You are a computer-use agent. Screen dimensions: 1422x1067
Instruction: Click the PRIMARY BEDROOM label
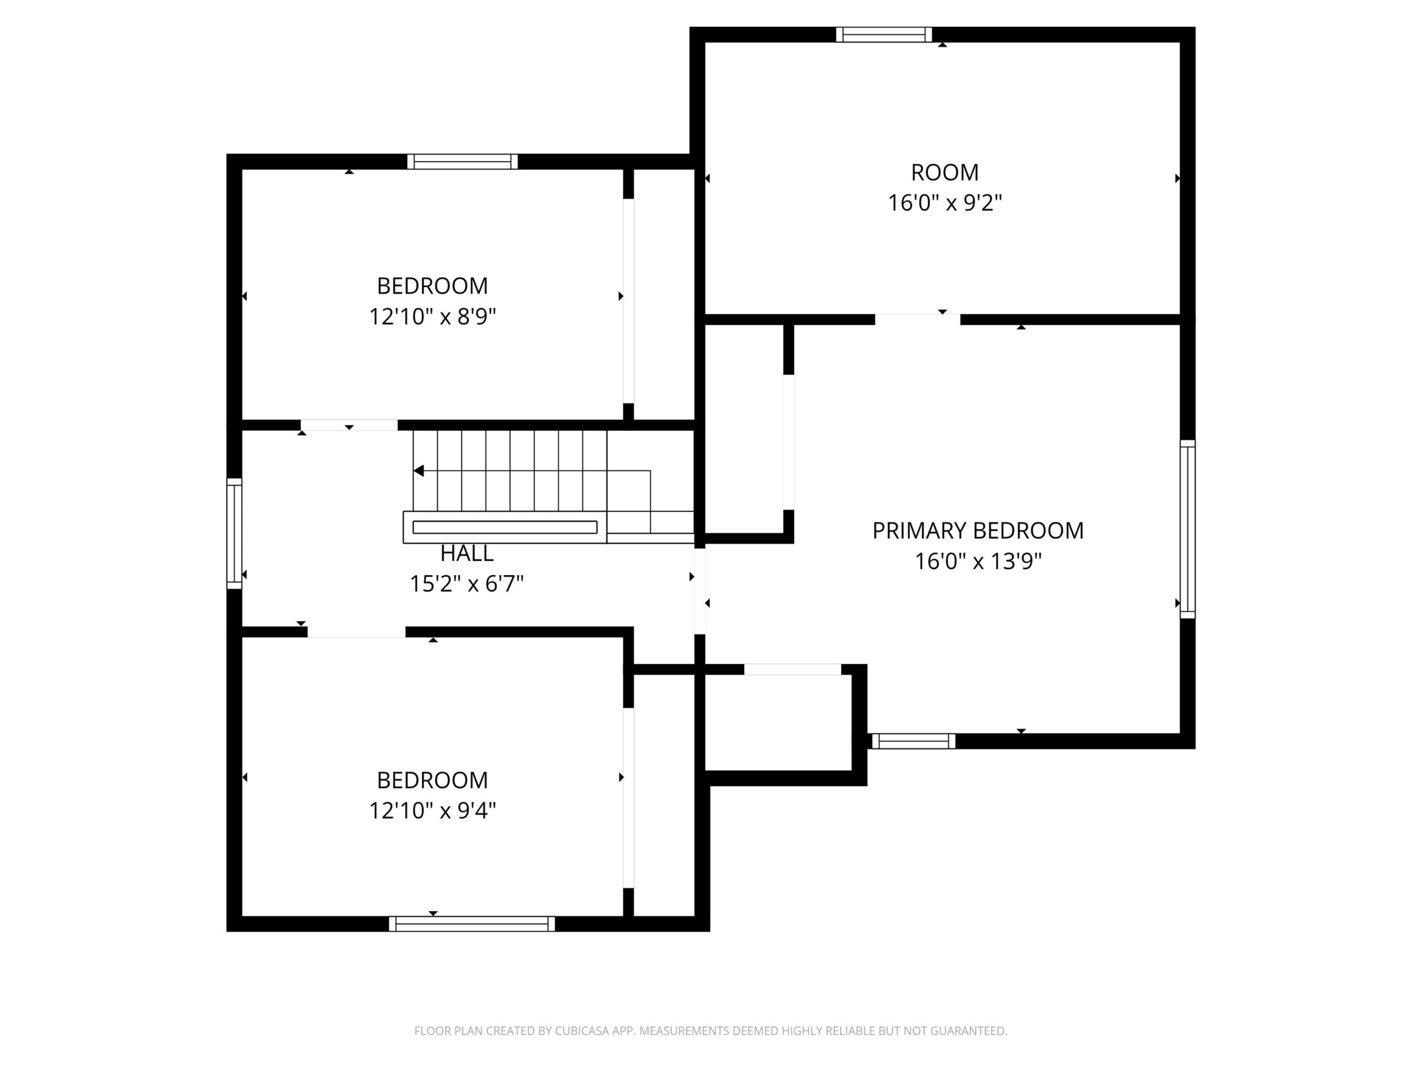coord(978,531)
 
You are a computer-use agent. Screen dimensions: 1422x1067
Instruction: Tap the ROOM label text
coord(944,172)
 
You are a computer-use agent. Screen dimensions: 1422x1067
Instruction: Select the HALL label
coord(467,553)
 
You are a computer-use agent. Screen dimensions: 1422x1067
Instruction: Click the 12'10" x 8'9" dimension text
coord(433,316)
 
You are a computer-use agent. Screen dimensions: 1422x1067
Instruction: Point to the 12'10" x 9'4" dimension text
coord(433,810)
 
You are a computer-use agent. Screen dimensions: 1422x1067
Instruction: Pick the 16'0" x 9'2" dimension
coord(944,203)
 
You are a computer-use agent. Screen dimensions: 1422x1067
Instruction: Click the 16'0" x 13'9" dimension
coord(978,561)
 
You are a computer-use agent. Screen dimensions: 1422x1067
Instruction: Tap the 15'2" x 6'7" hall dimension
coord(467,584)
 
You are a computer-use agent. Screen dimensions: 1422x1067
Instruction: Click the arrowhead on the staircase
coord(418,471)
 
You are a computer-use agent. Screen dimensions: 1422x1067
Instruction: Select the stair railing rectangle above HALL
coord(504,527)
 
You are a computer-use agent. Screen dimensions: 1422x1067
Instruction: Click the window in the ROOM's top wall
coord(884,34)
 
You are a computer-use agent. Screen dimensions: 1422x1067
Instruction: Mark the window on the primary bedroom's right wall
coord(1188,529)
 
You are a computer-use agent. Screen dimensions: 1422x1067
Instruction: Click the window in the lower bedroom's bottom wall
coord(472,924)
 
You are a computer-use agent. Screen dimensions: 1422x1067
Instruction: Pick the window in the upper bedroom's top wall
coord(462,161)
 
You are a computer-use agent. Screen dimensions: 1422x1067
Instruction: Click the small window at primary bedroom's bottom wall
coord(914,741)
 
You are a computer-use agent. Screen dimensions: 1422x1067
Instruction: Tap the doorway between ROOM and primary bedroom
coord(918,320)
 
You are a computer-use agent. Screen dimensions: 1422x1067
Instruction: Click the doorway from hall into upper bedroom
coord(349,425)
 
